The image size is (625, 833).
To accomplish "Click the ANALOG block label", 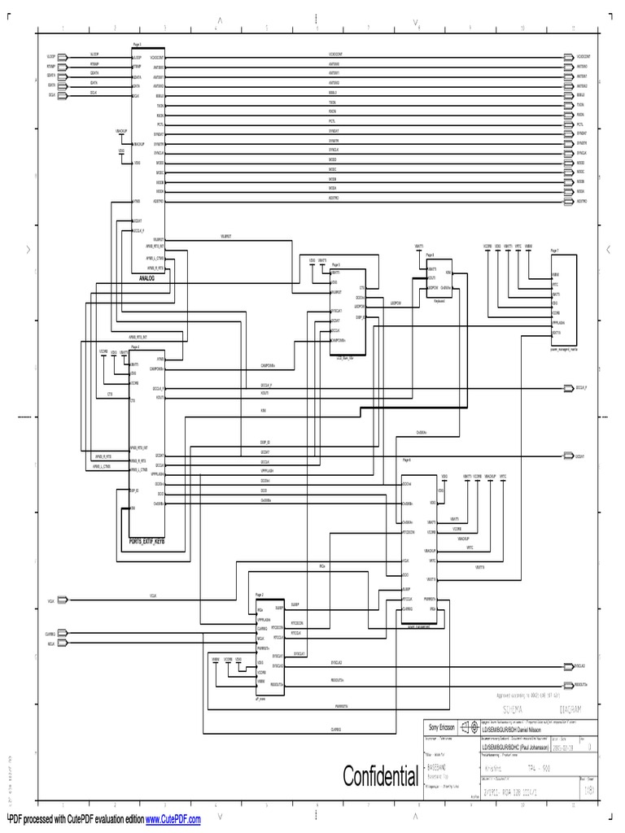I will [146, 277].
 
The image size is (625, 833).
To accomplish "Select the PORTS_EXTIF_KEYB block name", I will [146, 540].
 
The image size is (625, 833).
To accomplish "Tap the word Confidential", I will [380, 775].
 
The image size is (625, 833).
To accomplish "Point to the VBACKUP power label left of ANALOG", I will [121, 130].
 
